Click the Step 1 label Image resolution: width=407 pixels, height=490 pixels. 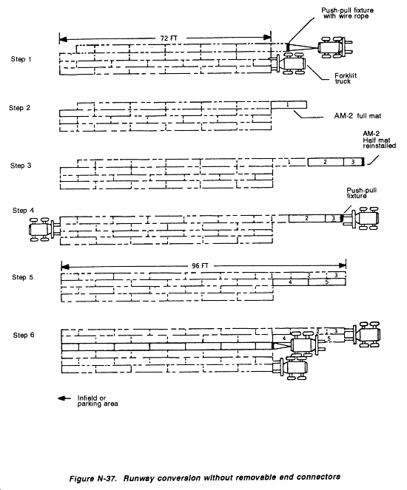pyautogui.click(x=21, y=59)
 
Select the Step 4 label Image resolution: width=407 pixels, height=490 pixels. pyautogui.click(x=23, y=211)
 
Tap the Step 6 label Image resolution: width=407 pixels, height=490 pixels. pyautogui.click(x=24, y=335)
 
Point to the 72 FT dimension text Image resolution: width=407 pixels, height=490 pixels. pyautogui.click(x=169, y=38)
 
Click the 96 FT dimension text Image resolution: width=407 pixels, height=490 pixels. pyautogui.click(x=200, y=266)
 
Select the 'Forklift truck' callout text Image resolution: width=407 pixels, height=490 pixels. pyautogui.click(x=346, y=78)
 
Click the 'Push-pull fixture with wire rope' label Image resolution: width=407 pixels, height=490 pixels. pyautogui.click(x=347, y=13)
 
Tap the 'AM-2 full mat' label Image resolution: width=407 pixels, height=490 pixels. pyautogui.click(x=357, y=116)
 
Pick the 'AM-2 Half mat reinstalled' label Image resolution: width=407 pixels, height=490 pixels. pyautogui.click(x=379, y=140)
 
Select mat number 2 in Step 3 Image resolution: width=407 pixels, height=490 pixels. pyautogui.click(x=326, y=162)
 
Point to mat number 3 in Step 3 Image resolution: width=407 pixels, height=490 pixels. pyautogui.click(x=353, y=162)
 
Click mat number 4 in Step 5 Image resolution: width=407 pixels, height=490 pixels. pyautogui.click(x=290, y=282)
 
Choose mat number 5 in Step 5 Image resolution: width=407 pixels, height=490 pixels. pyautogui.click(x=327, y=282)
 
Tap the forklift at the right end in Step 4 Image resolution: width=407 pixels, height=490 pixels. pyautogui.click(x=360, y=218)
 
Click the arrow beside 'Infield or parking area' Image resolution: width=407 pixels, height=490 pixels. pyautogui.click(x=65, y=398)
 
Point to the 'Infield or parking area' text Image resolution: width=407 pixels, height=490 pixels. pyautogui.click(x=98, y=401)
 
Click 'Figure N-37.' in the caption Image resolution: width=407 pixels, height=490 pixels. pyautogui.click(x=93, y=478)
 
